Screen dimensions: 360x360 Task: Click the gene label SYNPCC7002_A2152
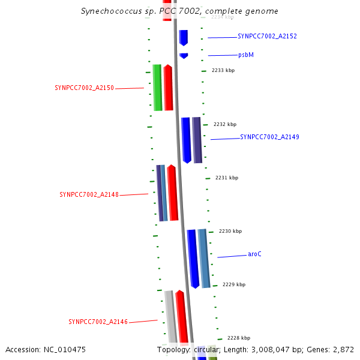(x=267, y=37)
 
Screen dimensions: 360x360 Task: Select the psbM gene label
(x=246, y=55)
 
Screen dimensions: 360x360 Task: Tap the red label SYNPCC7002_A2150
(x=84, y=88)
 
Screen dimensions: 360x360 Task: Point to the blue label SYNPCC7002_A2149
(x=269, y=137)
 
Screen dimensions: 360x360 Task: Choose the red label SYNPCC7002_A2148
(x=89, y=195)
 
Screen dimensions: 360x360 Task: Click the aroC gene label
(x=254, y=254)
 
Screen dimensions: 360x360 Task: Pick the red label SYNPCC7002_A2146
(x=98, y=322)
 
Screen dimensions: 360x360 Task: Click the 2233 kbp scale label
(x=223, y=71)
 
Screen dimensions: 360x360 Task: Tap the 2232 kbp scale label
(x=225, y=125)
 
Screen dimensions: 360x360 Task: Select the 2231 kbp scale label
(x=227, y=178)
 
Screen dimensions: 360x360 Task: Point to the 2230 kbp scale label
(x=230, y=232)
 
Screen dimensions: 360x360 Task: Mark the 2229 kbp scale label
(x=234, y=285)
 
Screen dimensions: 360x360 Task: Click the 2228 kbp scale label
(x=238, y=338)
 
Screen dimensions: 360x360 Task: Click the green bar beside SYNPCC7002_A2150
(x=157, y=88)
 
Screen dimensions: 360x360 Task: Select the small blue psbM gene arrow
(x=184, y=56)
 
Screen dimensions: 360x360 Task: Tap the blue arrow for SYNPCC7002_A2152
(x=184, y=37)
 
